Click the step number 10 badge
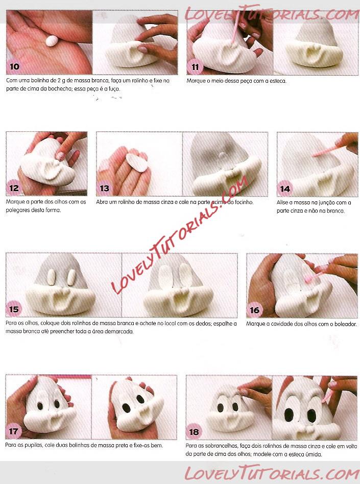14,66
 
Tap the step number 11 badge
195,66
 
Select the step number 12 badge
14,188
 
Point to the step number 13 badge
104,188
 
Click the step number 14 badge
285,189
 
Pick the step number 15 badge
14,309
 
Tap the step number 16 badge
254,310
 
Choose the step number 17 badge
14,431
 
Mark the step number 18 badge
194,431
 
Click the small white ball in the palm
52,41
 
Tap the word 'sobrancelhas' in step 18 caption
217,446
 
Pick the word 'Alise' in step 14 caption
282,202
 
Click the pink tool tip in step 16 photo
308,280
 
